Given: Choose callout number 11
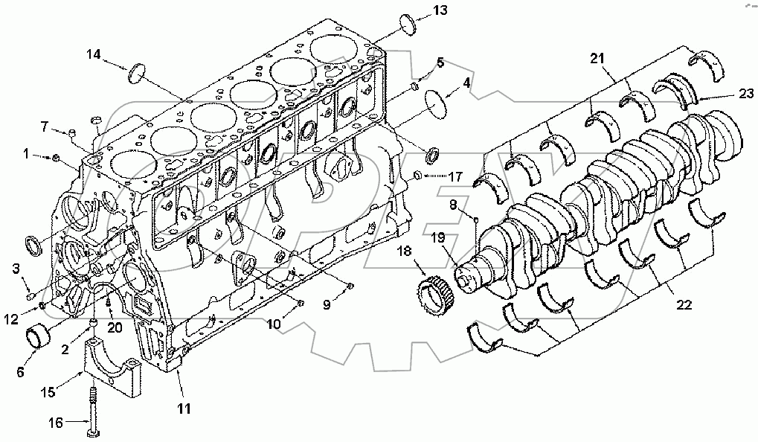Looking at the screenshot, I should [x=183, y=409].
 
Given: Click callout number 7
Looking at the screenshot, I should [x=44, y=126].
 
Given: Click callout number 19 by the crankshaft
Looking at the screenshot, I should [x=437, y=239].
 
